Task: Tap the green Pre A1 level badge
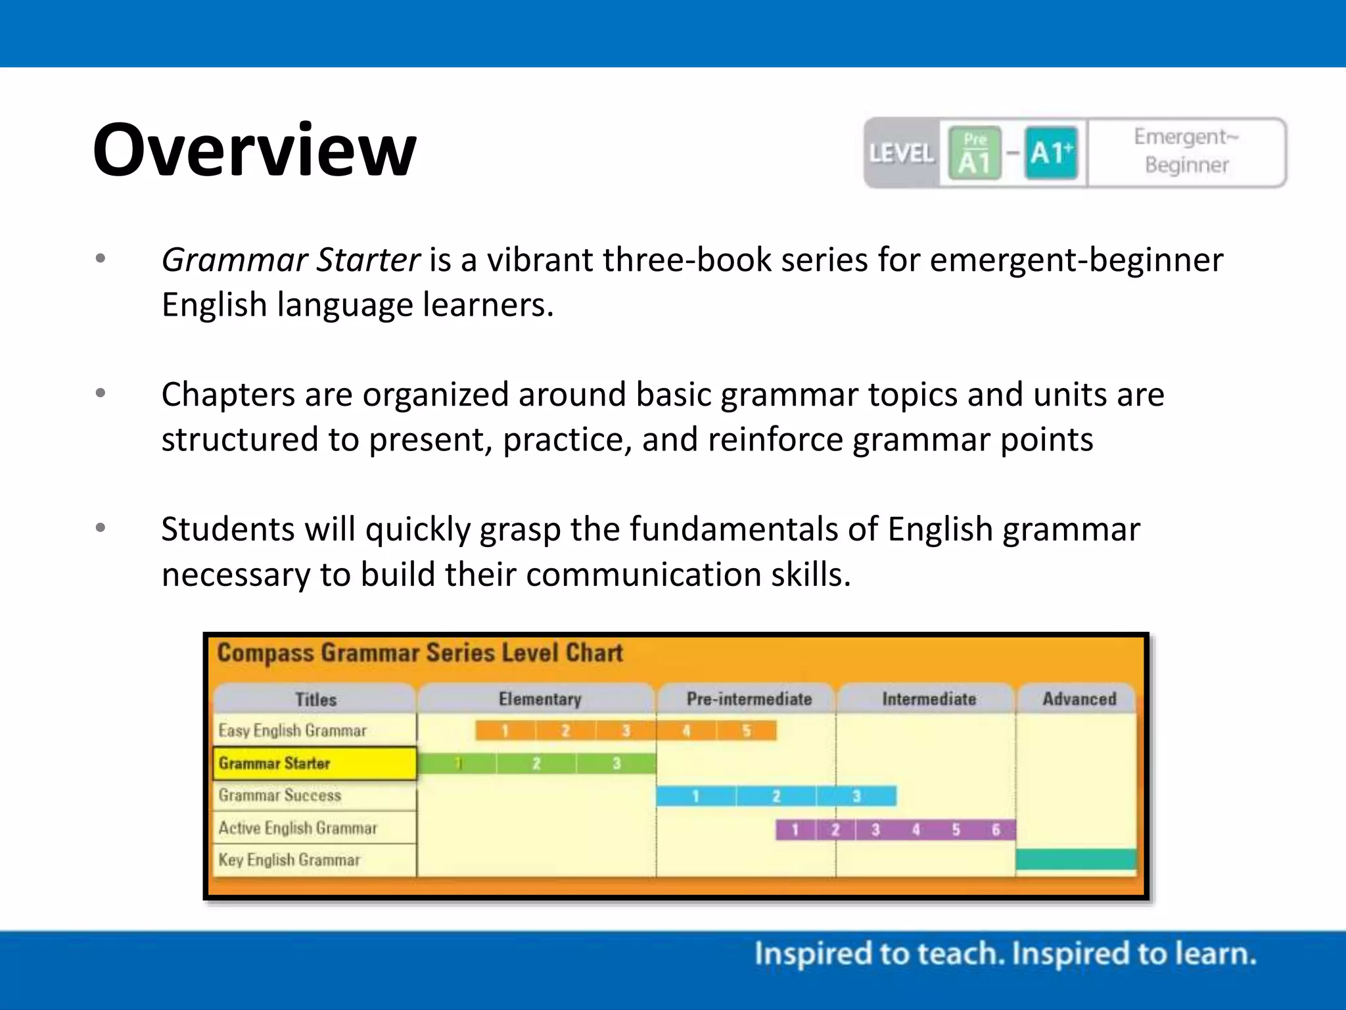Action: (x=975, y=153)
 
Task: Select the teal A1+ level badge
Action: (x=1052, y=153)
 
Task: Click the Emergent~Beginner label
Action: (x=1186, y=151)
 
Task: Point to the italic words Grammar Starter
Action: (x=290, y=260)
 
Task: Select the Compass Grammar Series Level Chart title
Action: (x=420, y=653)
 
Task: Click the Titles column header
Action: (x=315, y=699)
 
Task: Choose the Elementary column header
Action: (x=540, y=699)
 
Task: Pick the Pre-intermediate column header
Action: (x=749, y=699)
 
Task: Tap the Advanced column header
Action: (x=1079, y=699)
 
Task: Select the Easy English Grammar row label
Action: (x=292, y=731)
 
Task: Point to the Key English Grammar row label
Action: (x=289, y=860)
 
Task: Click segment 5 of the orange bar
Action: (x=747, y=731)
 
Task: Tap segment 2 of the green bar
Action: (x=536, y=763)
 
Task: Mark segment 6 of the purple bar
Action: (x=996, y=830)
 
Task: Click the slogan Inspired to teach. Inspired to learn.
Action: (x=1005, y=954)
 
